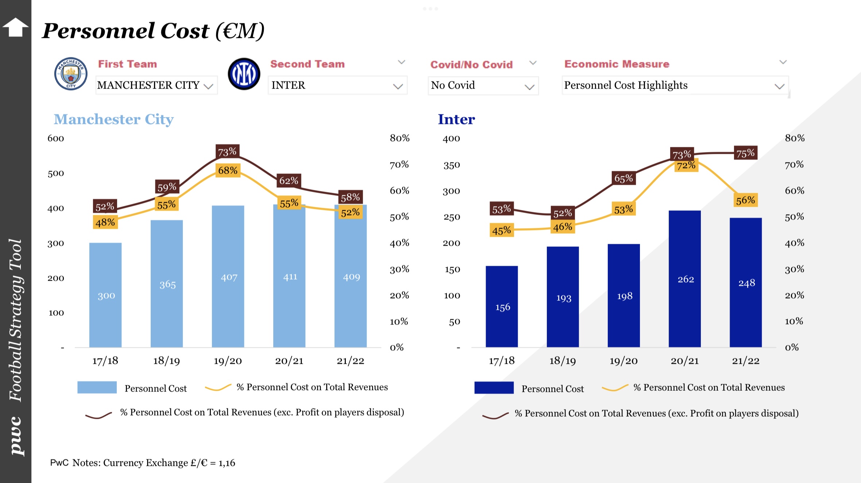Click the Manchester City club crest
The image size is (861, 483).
pos(71,74)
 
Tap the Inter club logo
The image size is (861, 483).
pos(244,74)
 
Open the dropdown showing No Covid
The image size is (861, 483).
pos(483,86)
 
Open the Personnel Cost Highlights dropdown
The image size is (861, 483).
pos(675,86)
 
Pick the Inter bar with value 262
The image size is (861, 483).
pos(685,279)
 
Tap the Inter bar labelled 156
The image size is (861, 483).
pos(502,307)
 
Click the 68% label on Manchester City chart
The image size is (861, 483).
pos(228,170)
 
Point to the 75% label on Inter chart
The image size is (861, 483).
pos(745,153)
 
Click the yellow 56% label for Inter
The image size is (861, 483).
pos(745,200)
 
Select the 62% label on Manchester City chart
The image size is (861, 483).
pos(289,180)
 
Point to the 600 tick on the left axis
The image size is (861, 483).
pos(56,139)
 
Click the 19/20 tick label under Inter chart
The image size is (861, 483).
pos(623,361)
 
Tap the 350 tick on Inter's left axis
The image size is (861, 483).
pos(451,165)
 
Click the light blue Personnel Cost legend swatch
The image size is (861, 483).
pos(97,387)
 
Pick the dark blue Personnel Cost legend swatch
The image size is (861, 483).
pos(494,387)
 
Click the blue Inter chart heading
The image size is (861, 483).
pos(456,120)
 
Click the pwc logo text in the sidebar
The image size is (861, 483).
pos(16,436)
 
